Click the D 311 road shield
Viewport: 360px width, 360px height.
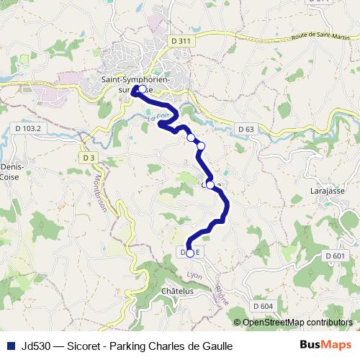tap(183, 41)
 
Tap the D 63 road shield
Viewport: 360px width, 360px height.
tap(246, 129)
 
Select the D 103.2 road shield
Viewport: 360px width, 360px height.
tap(30, 128)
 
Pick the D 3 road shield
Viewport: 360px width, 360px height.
tap(89, 157)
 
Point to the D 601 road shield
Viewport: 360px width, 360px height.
tap(335, 256)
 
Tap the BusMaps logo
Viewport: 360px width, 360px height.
tap(326, 346)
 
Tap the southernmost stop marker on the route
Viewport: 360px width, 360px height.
tap(190, 253)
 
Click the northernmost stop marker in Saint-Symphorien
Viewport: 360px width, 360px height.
tap(142, 90)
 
